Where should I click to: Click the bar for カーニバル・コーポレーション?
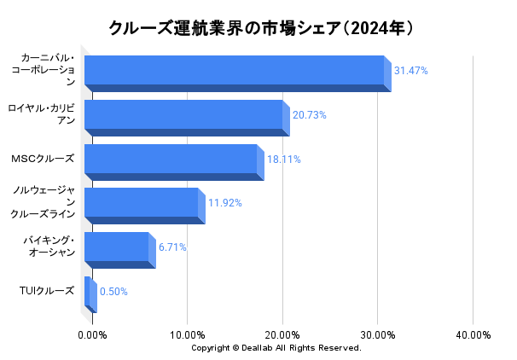(x=235, y=71)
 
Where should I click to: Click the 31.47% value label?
(x=410, y=71)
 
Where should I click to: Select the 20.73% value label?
(x=310, y=115)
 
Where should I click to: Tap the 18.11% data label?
(x=284, y=160)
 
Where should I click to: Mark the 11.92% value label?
(x=225, y=203)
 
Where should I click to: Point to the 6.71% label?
(x=172, y=247)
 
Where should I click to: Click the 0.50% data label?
(x=113, y=292)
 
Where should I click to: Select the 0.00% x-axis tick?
(x=93, y=335)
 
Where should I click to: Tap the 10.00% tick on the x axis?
(x=188, y=335)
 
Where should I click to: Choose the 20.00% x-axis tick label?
(x=283, y=335)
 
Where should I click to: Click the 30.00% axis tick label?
(x=378, y=335)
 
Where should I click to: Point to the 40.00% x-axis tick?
(x=473, y=335)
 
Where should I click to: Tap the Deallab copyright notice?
(x=276, y=348)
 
